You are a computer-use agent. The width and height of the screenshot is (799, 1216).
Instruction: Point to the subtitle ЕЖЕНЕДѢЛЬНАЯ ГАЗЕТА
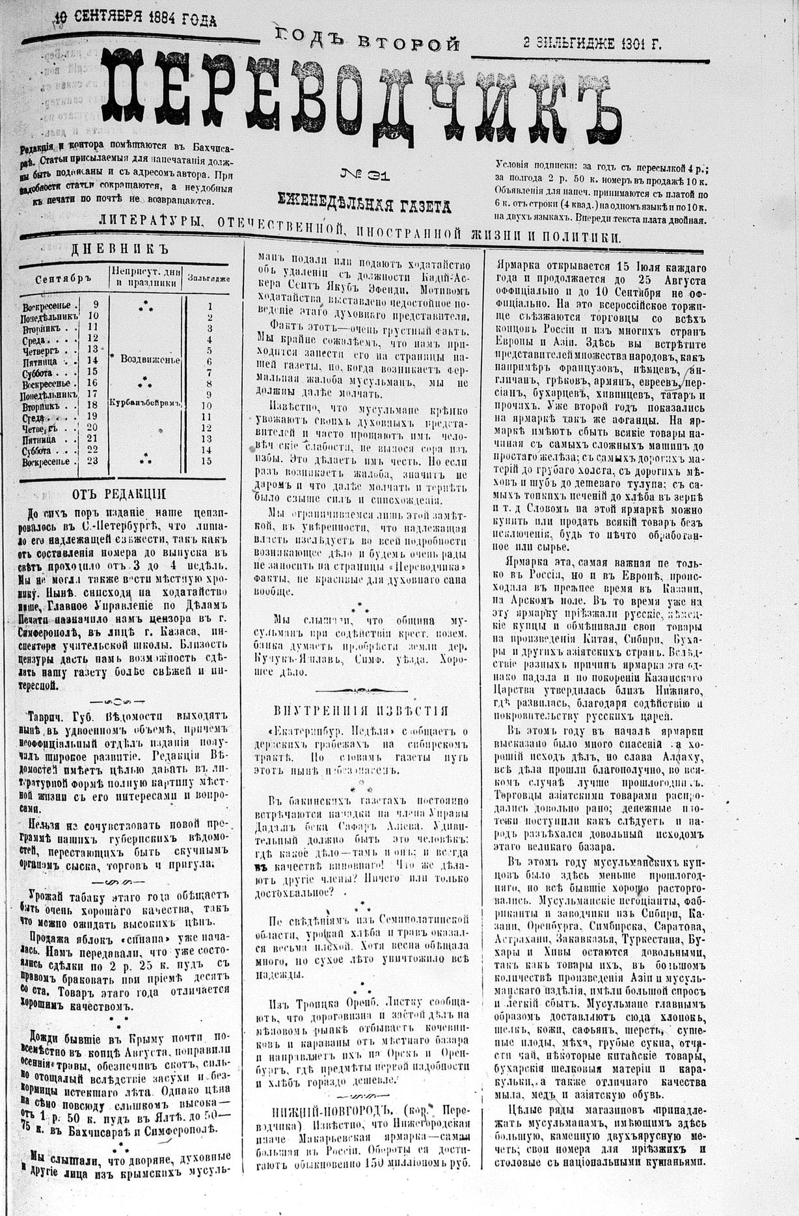[364, 205]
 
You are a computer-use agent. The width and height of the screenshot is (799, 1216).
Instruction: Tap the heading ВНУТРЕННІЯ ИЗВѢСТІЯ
[361, 710]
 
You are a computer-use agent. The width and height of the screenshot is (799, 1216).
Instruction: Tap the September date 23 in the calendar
[92, 461]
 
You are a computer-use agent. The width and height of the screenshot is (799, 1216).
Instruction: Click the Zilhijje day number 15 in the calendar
[207, 461]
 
